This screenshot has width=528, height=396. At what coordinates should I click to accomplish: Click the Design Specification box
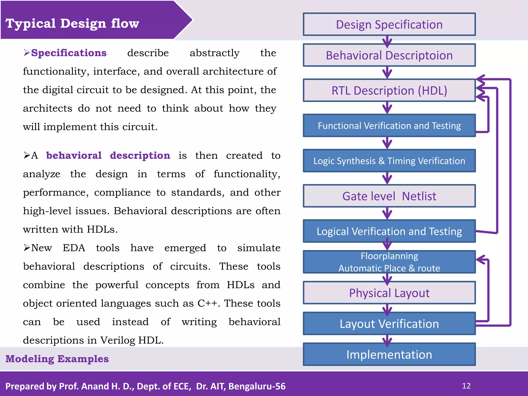point(389,24)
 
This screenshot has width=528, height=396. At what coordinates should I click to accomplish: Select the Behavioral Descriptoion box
point(389,55)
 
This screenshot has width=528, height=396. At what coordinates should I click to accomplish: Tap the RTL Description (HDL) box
point(389,90)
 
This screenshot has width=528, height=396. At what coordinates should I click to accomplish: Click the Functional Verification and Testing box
point(389,126)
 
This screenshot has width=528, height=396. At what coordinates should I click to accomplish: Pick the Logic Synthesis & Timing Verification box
point(389,161)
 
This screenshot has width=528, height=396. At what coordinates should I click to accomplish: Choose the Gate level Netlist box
point(389,196)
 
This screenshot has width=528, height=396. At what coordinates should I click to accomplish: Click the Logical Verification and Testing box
point(389,231)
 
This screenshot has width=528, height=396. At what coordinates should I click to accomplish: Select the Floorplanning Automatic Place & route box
point(389,262)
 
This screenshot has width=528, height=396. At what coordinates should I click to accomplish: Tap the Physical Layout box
point(389,293)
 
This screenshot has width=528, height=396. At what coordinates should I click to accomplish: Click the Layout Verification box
point(389,324)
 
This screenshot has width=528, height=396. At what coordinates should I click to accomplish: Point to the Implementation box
point(389,354)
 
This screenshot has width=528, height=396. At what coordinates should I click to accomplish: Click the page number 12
point(466,386)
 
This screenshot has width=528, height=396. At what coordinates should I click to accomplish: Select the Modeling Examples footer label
point(57,359)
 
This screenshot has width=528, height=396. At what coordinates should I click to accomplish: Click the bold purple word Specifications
point(69,53)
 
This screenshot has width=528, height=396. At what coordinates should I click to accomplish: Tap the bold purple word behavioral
point(74,155)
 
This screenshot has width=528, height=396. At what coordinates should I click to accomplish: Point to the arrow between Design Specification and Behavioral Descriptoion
point(387,41)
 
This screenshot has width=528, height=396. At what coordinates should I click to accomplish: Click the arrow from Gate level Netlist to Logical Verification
point(387,213)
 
